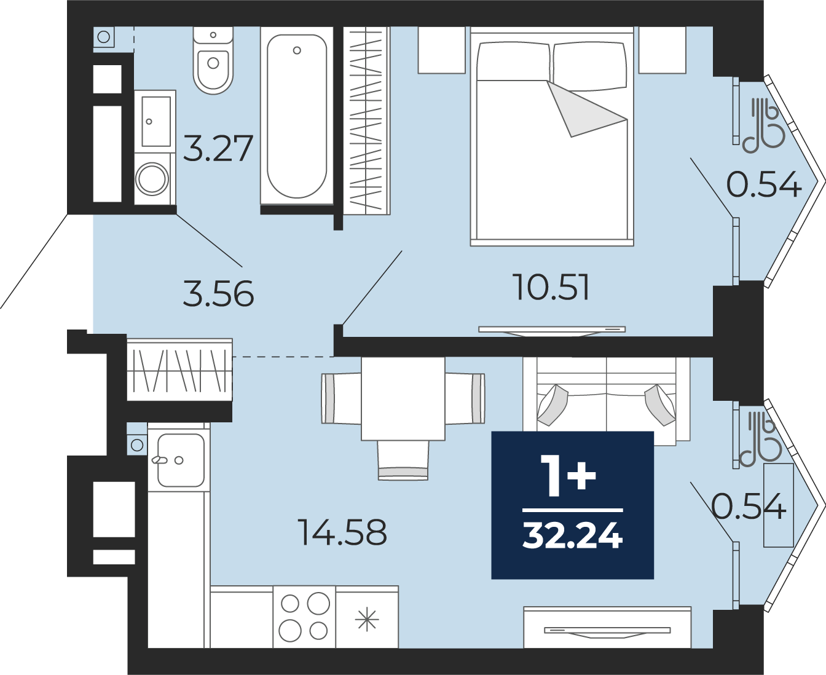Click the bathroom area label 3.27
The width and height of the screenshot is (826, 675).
pos(218,148)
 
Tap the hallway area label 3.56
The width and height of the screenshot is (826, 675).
pos(219,294)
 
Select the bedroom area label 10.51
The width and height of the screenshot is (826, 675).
pos(553,287)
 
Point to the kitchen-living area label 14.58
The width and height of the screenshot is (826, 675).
pos(342,532)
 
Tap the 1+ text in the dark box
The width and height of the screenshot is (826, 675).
pos(568,476)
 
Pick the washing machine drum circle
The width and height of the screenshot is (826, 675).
pos(152,179)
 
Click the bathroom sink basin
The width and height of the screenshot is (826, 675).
pos(155,122)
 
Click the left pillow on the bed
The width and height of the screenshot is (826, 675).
pos(513,62)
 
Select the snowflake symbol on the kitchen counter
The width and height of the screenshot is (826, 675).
pos(367,620)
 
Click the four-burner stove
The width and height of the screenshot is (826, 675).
pos(304,617)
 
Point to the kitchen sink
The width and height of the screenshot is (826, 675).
pos(181,460)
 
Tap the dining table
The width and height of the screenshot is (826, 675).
pos(403,398)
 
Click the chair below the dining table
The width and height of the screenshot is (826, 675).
pos(403,460)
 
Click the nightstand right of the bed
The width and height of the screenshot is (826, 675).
pos(663,50)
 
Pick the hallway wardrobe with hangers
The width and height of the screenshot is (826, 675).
pos(180,370)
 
